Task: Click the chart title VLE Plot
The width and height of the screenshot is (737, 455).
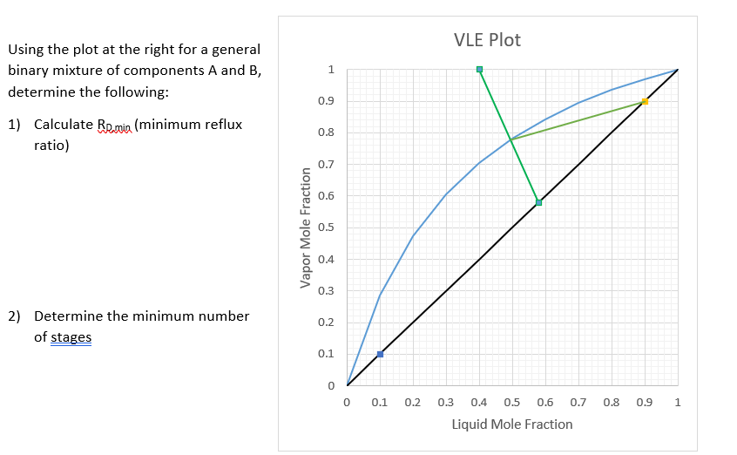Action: pyautogui.click(x=488, y=40)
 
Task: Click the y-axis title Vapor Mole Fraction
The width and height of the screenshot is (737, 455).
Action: pyautogui.click(x=306, y=227)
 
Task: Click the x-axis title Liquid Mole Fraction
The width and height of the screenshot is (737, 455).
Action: pyautogui.click(x=512, y=424)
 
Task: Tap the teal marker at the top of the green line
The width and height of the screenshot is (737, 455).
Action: pyautogui.click(x=479, y=69)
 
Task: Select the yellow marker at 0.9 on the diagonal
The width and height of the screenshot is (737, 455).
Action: pyautogui.click(x=645, y=101)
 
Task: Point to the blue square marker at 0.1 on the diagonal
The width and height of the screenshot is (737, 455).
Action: pyautogui.click(x=380, y=354)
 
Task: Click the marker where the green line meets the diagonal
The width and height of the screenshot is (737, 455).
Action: pyautogui.click(x=538, y=202)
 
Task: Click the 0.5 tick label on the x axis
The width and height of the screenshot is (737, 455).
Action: pyautogui.click(x=512, y=403)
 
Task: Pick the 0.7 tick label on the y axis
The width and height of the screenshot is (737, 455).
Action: pyautogui.click(x=324, y=165)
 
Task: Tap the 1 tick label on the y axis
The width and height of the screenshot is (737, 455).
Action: pyautogui.click(x=329, y=70)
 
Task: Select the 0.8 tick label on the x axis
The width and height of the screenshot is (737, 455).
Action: pyautogui.click(x=612, y=403)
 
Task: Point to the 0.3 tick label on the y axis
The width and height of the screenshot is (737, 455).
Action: pyautogui.click(x=324, y=291)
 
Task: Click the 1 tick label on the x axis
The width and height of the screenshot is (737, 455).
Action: pyautogui.click(x=677, y=403)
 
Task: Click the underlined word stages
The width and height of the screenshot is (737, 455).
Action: pyautogui.click(x=71, y=336)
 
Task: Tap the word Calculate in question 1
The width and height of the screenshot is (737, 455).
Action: pyautogui.click(x=62, y=125)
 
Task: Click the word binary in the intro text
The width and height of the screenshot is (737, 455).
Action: pyautogui.click(x=28, y=71)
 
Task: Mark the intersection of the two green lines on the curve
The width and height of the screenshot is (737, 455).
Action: pyautogui.click(x=510, y=139)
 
